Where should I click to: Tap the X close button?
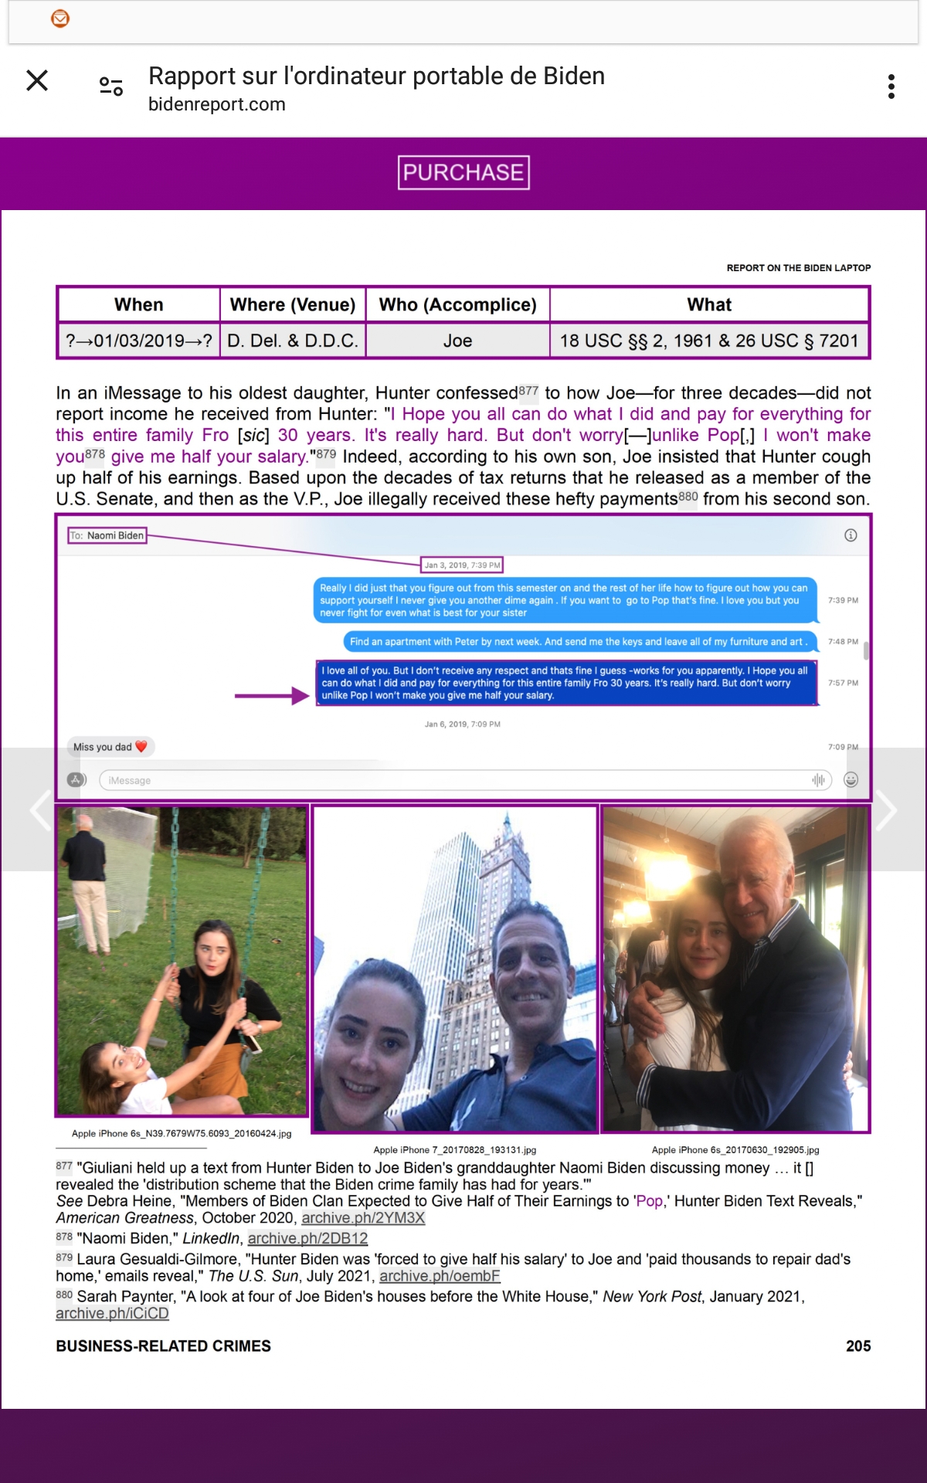pos(37,80)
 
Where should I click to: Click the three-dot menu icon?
pos(891,87)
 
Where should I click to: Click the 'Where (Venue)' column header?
pos(293,305)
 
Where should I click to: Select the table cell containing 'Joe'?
pos(457,341)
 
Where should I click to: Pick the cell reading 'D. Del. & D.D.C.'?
pos(293,341)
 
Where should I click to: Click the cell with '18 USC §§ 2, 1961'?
pos(708,341)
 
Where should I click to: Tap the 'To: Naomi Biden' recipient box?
pos(107,535)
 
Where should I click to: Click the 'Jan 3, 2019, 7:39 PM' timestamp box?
pos(462,565)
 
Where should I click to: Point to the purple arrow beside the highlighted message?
pos(272,696)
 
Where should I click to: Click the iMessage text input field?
pos(456,780)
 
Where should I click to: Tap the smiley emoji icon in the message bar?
pos(851,780)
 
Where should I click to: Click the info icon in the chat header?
pos(851,535)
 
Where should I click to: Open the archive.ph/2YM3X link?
pos(363,1218)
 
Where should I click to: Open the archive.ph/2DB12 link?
pos(307,1238)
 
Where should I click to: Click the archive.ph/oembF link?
pos(440,1276)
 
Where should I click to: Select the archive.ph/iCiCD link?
pos(112,1313)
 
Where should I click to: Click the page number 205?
pos(857,1346)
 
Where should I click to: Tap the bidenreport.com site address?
pos(217,104)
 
